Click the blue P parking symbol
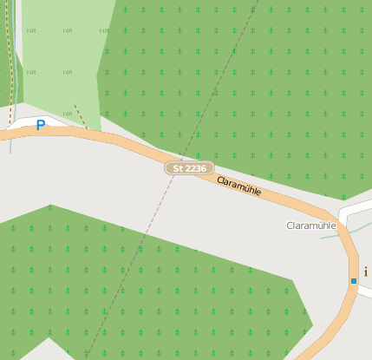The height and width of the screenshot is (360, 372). (40, 126)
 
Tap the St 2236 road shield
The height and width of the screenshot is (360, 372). (189, 167)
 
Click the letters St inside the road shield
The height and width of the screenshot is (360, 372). (179, 167)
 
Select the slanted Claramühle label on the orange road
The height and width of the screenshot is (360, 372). (238, 184)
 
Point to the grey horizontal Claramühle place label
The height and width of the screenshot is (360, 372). (310, 226)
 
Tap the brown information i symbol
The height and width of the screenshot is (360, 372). (366, 272)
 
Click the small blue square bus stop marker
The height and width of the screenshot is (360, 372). (354, 281)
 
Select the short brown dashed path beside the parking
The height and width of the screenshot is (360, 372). (80, 116)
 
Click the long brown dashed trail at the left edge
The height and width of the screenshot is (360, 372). (10, 52)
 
